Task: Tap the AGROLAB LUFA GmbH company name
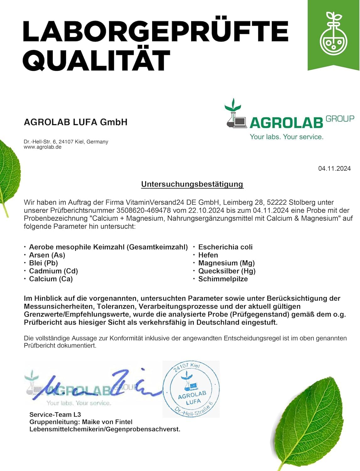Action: pyautogui.click(x=76, y=122)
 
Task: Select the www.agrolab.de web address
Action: pyautogui.click(x=43, y=147)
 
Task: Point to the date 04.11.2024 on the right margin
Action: pyautogui.click(x=334, y=169)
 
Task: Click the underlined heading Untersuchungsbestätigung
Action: pyautogui.click(x=192, y=184)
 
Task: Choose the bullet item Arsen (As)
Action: pyautogui.click(x=47, y=255)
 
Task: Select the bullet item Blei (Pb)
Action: pyautogui.click(x=44, y=263)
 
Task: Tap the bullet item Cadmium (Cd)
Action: pyautogui.click(x=53, y=271)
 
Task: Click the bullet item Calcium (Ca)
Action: pyautogui.click(x=51, y=279)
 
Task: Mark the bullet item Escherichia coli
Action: pyautogui.click(x=225, y=247)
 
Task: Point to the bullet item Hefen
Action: pyautogui.click(x=208, y=255)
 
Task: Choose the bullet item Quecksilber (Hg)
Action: pyautogui.click(x=227, y=271)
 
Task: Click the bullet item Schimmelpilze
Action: pyautogui.click(x=223, y=279)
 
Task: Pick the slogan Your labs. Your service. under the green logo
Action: pyautogui.click(x=287, y=137)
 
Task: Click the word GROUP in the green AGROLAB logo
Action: pyautogui.click(x=340, y=119)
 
